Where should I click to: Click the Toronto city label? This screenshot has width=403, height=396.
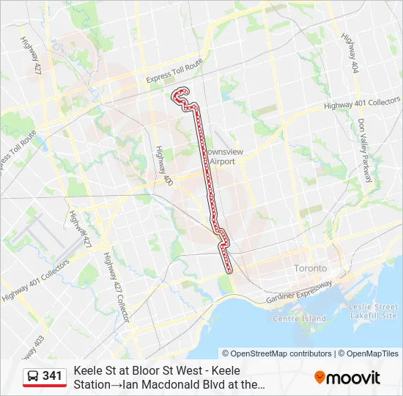click(311, 268)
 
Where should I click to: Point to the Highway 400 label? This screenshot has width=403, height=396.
click(161, 164)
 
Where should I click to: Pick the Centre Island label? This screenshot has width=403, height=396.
click(299, 319)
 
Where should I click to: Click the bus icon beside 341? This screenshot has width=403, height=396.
click(33, 376)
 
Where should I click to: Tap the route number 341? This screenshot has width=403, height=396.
click(53, 376)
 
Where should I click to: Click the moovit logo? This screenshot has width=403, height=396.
click(347, 378)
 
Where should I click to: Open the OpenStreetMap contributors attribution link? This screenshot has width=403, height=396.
click(279, 353)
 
